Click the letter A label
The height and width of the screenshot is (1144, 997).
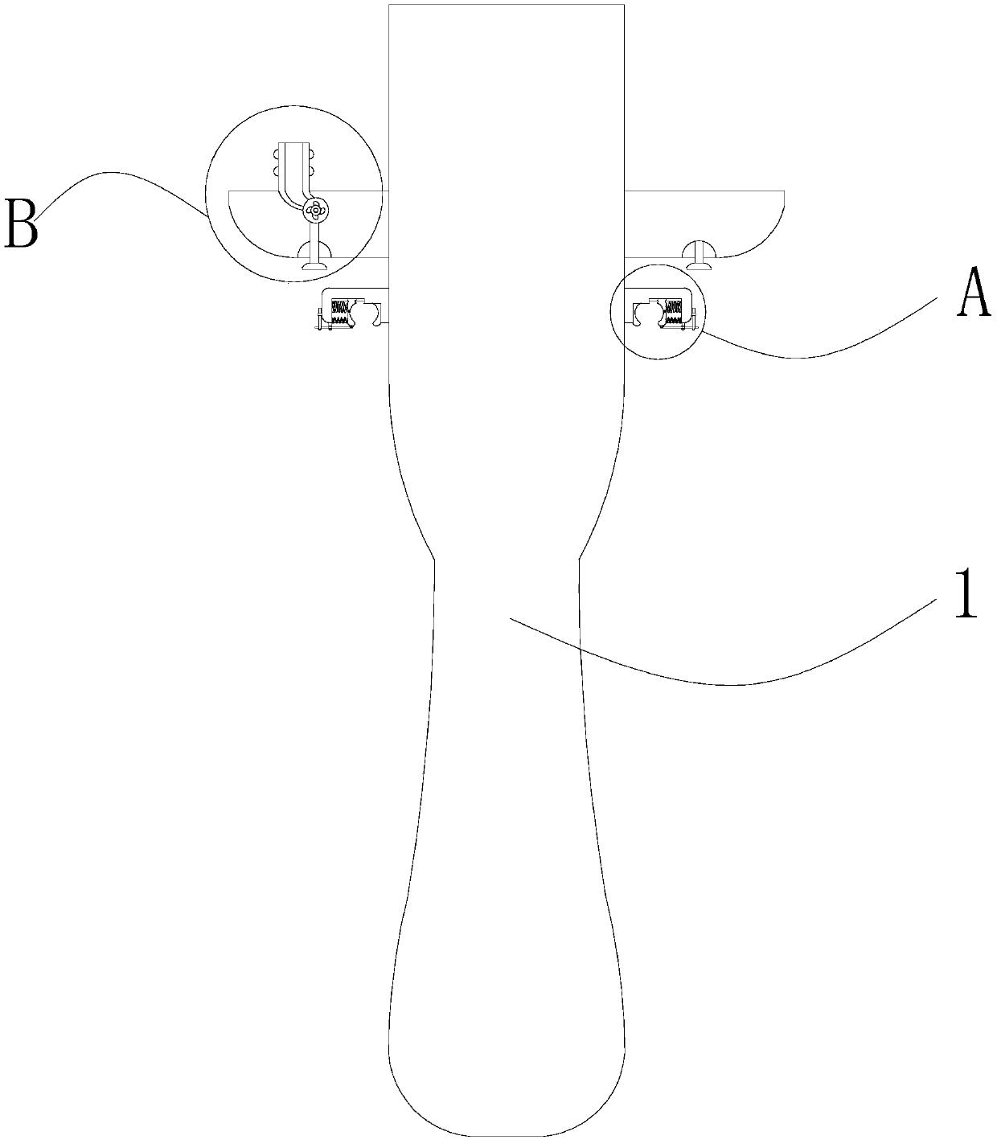(x=973, y=295)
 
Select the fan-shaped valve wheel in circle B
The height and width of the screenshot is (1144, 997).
(x=314, y=211)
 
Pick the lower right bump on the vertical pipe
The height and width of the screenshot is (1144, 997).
(x=314, y=170)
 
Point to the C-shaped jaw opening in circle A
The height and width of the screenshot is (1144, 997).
(x=644, y=313)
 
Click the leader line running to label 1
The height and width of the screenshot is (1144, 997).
(x=724, y=683)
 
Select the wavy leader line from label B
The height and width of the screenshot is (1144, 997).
(x=121, y=173)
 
